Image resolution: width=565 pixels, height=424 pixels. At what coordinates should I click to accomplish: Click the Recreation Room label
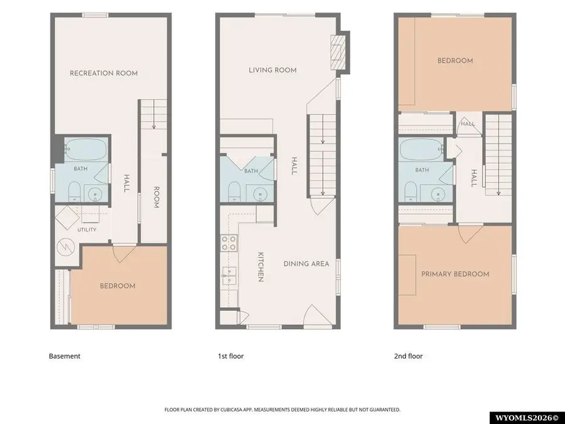tap(104, 73)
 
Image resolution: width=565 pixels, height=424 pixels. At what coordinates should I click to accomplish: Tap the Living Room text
tap(273, 70)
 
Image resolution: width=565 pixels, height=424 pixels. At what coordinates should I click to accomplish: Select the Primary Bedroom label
tap(456, 274)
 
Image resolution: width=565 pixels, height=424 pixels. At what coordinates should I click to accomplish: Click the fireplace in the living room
tap(338, 52)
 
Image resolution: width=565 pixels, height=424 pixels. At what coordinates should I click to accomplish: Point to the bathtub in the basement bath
tap(86, 149)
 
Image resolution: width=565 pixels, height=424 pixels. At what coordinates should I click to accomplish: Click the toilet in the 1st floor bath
tap(234, 192)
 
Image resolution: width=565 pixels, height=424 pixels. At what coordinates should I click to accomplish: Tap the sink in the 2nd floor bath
tap(438, 195)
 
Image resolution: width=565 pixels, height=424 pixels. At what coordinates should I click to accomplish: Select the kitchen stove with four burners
tap(229, 242)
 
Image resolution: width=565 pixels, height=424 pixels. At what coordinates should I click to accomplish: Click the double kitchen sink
tap(229, 276)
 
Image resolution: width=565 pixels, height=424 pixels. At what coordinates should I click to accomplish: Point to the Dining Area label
tap(306, 264)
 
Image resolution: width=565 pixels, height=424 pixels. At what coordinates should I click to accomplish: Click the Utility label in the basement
tap(87, 230)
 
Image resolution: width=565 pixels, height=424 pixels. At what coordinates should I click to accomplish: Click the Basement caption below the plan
tap(65, 356)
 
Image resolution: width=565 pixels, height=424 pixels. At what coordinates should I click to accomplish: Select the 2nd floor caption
tap(408, 356)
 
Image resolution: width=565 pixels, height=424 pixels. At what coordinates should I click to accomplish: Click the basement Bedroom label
tap(117, 286)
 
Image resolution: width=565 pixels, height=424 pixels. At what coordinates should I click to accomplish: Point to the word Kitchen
tap(261, 267)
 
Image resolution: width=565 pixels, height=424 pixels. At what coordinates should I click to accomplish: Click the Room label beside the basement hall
tap(156, 197)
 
